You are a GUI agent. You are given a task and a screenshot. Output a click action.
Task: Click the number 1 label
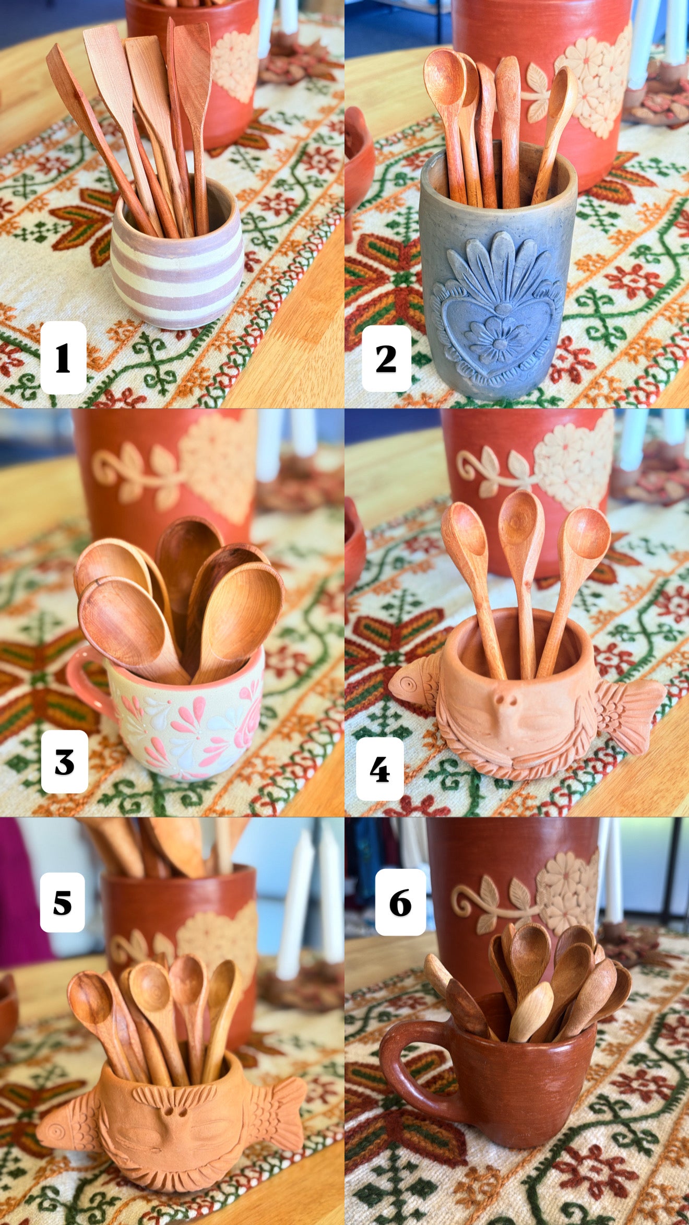coord(63,358)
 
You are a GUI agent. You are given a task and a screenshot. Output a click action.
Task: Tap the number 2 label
coord(386,358)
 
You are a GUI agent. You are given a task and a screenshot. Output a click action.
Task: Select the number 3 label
coord(64,761)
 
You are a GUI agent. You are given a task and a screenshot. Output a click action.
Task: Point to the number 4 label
coord(379,769)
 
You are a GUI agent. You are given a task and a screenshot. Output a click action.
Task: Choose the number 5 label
coord(62,903)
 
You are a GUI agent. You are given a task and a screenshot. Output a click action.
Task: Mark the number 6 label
coord(400,903)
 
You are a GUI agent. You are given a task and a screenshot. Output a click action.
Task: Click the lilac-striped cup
coord(176,256)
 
